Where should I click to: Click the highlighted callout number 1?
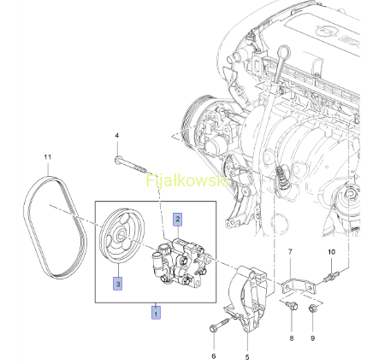pyautogui.click(x=156, y=313)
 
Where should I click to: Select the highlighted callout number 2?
pyautogui.click(x=178, y=220)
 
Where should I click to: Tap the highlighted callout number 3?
pyautogui.click(x=118, y=284)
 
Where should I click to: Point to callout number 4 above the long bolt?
pyautogui.click(x=117, y=136)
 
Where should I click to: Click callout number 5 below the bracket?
pyautogui.click(x=247, y=357)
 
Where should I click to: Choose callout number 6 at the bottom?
pyautogui.click(x=214, y=356)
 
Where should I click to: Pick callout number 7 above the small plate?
pyautogui.click(x=290, y=252)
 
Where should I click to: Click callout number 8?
pyautogui.click(x=292, y=338)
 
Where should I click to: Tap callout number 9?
pyautogui.click(x=312, y=338)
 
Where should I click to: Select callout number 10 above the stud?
pyautogui.click(x=331, y=252)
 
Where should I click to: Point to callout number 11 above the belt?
pyautogui.click(x=48, y=157)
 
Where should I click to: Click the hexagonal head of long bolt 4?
pyautogui.click(x=117, y=160)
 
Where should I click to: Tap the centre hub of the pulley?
pyautogui.click(x=121, y=235)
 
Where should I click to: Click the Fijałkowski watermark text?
pyautogui.click(x=187, y=180)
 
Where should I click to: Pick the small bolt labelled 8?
pyautogui.click(x=292, y=305)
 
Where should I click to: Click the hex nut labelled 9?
pyautogui.click(x=312, y=308)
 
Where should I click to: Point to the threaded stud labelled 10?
pyautogui.click(x=332, y=276)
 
